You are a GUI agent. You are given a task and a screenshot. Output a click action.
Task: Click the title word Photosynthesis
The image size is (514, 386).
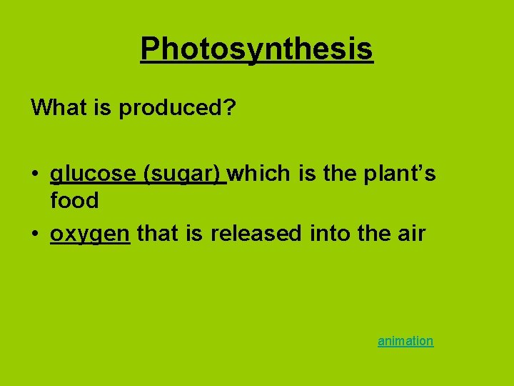click(x=256, y=49)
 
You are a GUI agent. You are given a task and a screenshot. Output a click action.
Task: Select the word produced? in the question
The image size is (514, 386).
click(x=177, y=108)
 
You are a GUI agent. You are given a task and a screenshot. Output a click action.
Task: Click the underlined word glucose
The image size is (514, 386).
click(x=94, y=174)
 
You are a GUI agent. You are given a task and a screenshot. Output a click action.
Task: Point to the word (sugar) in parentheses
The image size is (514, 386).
click(x=185, y=174)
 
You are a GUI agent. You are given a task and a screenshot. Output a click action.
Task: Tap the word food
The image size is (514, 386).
click(x=74, y=201)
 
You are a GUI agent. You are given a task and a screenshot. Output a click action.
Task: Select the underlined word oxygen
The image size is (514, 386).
click(x=90, y=233)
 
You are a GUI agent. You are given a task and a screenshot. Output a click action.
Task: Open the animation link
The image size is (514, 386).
click(x=405, y=341)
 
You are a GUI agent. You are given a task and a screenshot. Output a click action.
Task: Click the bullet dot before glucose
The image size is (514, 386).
click(x=35, y=174)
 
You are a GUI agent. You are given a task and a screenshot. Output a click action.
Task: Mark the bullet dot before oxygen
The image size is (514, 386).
click(x=35, y=234)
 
